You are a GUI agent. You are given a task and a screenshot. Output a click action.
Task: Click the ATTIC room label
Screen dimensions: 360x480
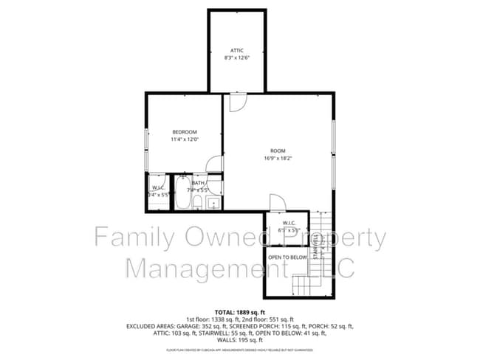coord(236,50)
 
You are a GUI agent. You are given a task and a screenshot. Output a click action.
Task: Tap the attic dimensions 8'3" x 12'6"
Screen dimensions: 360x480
coord(236,58)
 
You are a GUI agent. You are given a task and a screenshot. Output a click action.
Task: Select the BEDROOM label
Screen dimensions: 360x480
coord(185,132)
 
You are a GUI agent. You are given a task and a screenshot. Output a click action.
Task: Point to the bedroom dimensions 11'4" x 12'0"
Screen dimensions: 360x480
coord(185,139)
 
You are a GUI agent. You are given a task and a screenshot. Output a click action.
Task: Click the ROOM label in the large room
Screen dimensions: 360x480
coord(277,150)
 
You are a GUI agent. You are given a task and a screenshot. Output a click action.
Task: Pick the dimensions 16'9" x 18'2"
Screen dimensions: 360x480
coord(277,158)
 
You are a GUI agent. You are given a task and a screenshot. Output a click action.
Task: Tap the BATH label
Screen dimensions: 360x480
coord(198,183)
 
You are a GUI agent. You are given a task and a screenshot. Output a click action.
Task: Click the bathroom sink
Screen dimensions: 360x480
coord(213,203)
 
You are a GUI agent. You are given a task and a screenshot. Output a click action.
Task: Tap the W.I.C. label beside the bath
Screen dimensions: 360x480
coord(158,188)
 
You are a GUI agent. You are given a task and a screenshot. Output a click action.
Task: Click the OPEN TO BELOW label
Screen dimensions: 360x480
coord(287,257)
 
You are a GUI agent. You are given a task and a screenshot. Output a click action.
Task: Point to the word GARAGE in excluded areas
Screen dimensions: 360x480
coord(198,325)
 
